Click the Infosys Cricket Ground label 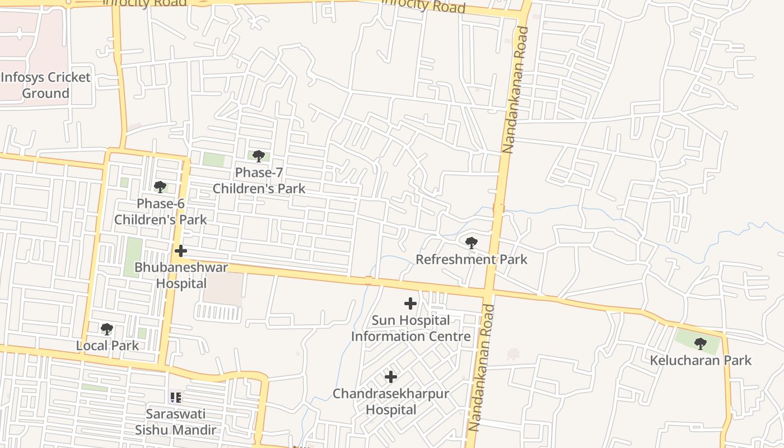tap(45, 85)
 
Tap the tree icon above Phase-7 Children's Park tap(258, 156)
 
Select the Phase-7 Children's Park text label tap(259, 180)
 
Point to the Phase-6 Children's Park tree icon tap(160, 187)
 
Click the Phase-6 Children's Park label tap(161, 212)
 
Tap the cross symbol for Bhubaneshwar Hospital tap(181, 251)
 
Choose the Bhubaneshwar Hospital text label tap(181, 275)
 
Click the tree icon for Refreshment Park tap(472, 243)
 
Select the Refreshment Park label tap(472, 259)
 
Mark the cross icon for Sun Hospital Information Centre tap(410, 304)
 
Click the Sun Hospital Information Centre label tap(410, 328)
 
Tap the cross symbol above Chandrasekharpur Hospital tap(391, 377)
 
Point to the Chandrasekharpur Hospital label tap(391, 402)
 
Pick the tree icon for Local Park tap(107, 329)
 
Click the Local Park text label tap(108, 346)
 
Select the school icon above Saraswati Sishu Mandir tap(175, 398)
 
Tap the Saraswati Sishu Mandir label tap(175, 422)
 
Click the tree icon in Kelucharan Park tap(700, 343)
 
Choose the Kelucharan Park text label tap(701, 360)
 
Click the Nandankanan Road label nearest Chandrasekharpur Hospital tap(482, 367)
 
